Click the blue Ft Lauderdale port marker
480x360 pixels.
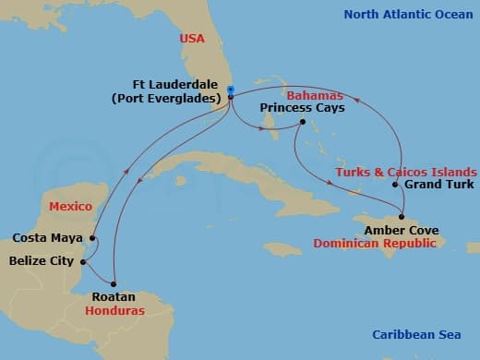tap(229, 90)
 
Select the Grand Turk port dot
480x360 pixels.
tap(395, 185)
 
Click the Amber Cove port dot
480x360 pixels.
tap(402, 216)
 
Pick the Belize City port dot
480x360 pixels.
tap(83, 261)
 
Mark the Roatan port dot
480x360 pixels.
tap(114, 283)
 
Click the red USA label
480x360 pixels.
tap(193, 38)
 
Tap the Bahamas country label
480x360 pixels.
tap(315, 95)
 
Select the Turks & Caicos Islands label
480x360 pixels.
tap(407, 172)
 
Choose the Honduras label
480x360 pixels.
tap(117, 311)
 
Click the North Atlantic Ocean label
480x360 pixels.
tap(407, 14)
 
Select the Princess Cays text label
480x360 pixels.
tap(302, 108)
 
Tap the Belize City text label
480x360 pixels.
tap(41, 261)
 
